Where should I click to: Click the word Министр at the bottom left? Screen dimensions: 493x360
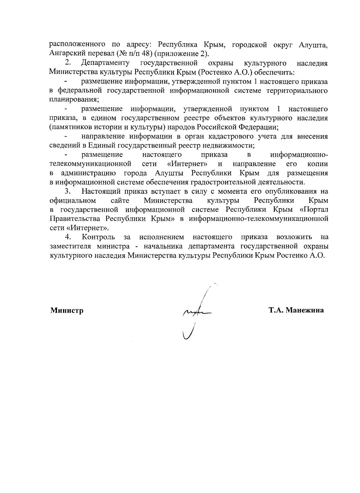click(x=67, y=310)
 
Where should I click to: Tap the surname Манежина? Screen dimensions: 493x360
click(x=304, y=310)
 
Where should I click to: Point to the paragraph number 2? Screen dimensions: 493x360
click(x=68, y=63)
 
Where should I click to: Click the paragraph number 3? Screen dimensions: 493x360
click(x=68, y=191)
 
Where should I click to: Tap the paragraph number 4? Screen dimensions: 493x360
click(x=68, y=237)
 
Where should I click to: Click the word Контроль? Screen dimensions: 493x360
click(x=98, y=237)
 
